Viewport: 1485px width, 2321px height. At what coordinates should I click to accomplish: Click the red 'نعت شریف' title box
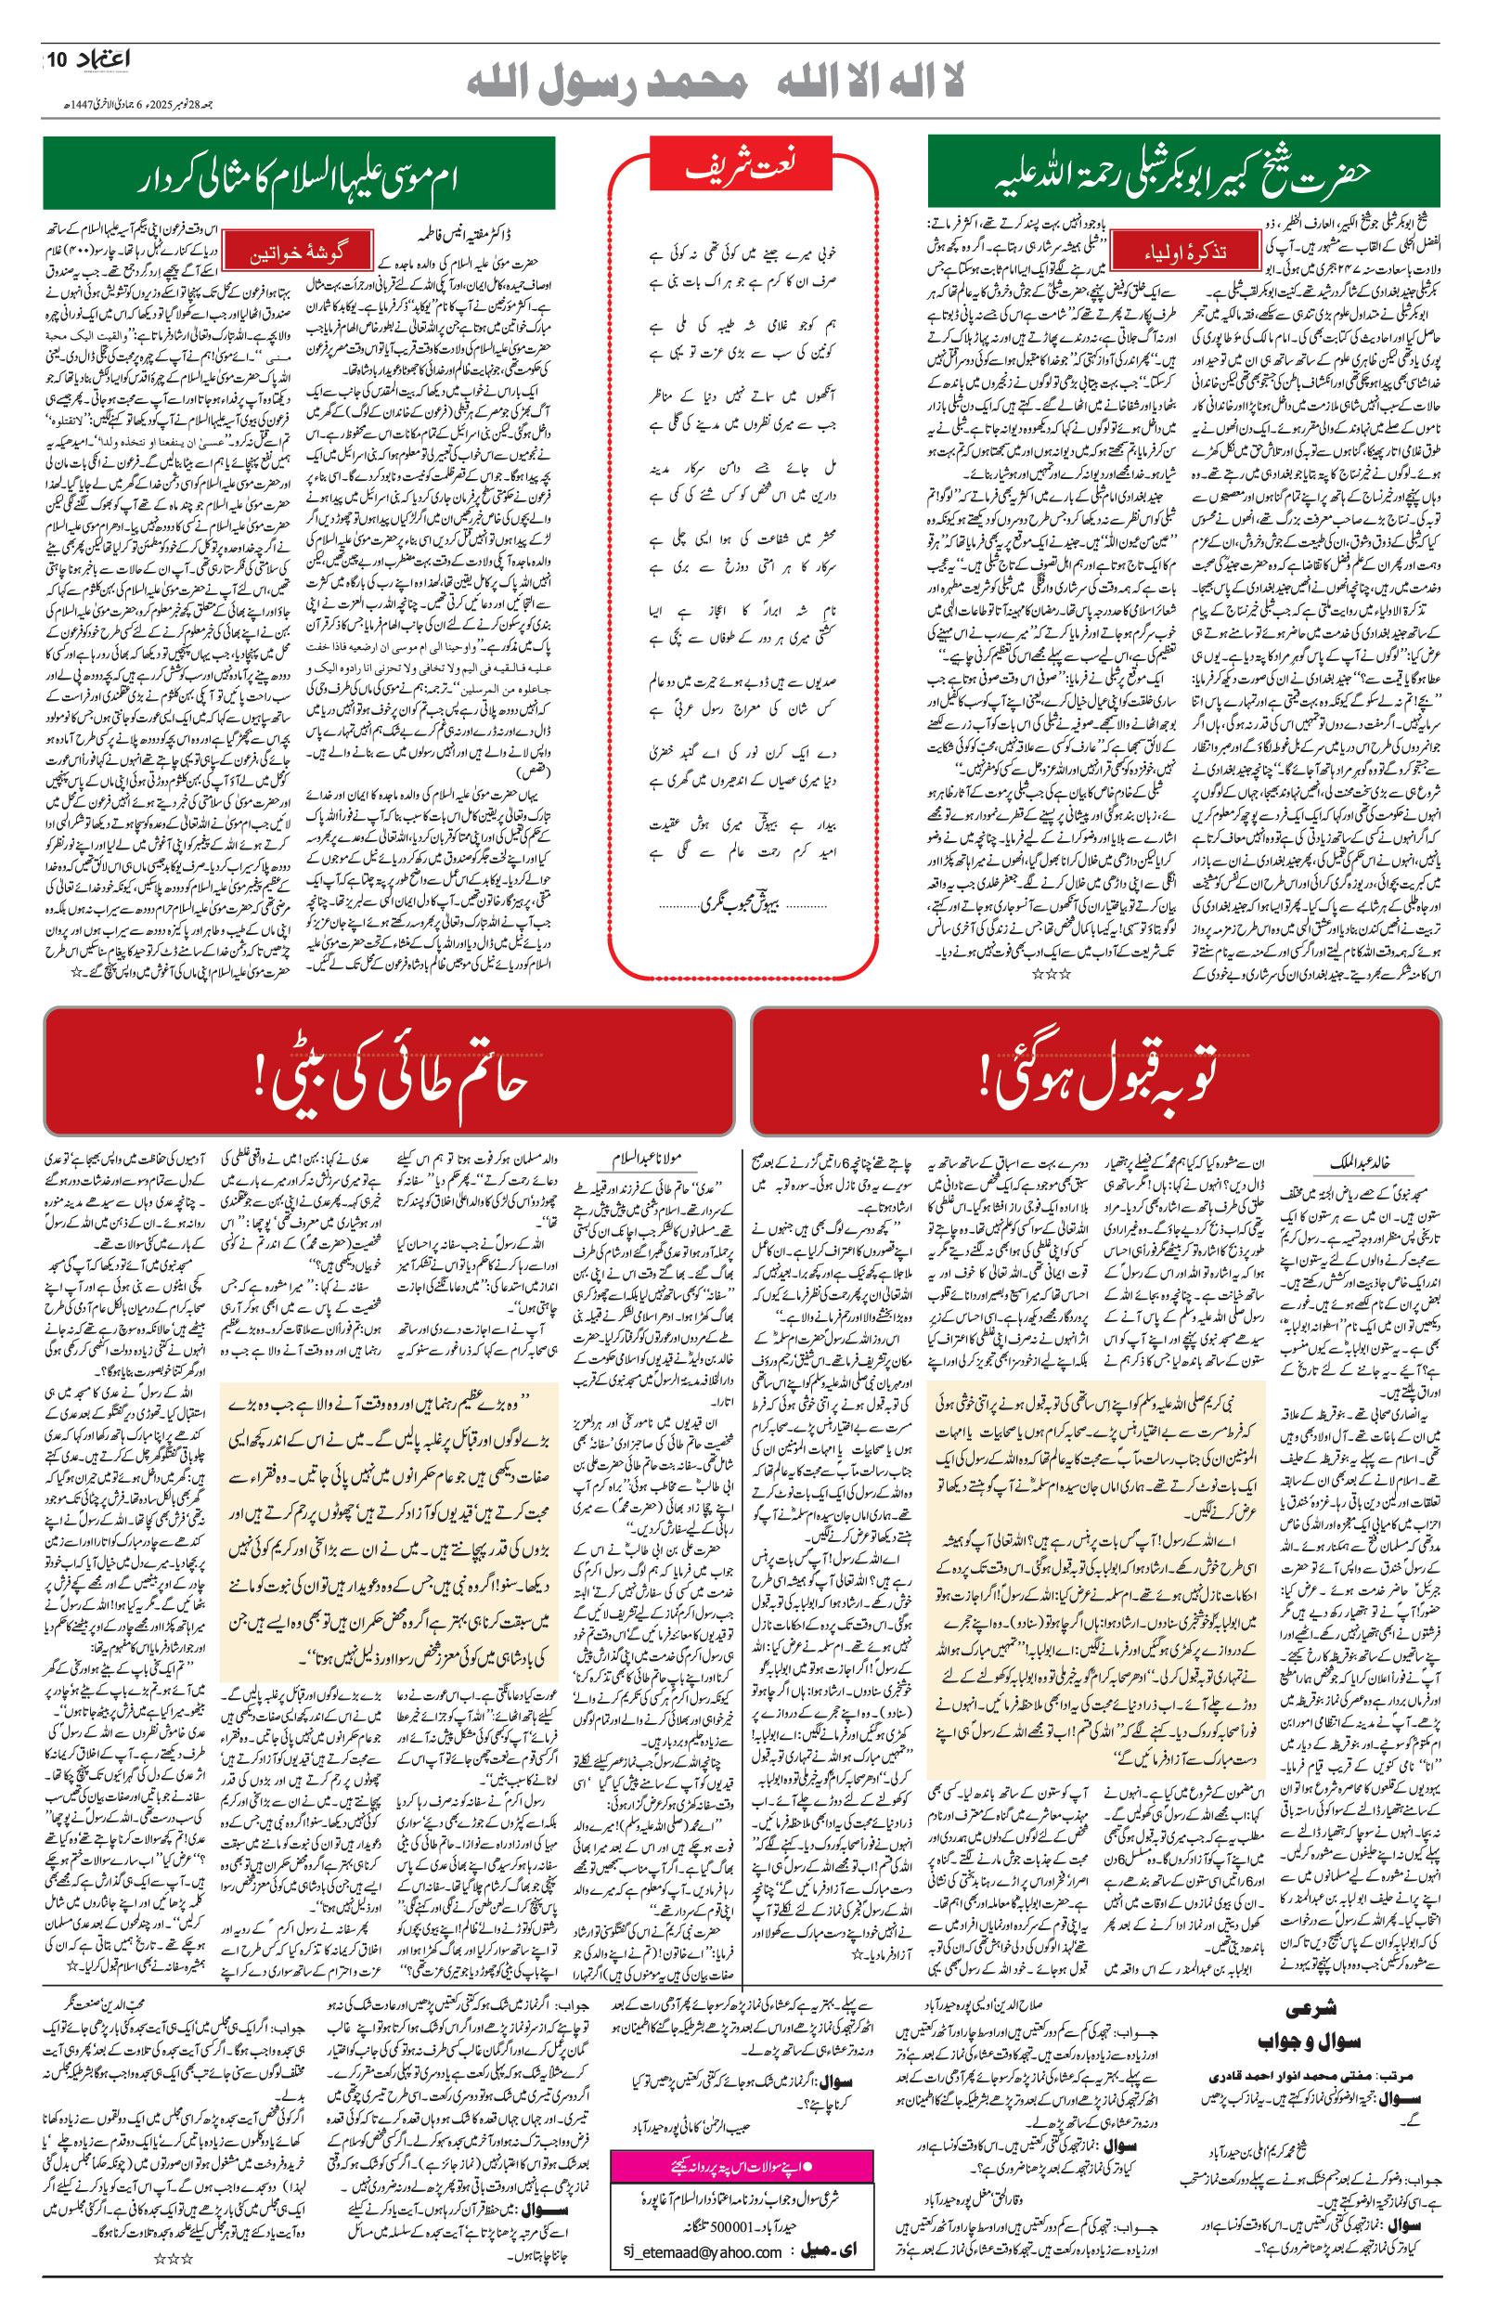(741, 165)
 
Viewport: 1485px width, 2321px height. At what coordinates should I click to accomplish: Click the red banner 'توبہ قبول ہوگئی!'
(1096, 1072)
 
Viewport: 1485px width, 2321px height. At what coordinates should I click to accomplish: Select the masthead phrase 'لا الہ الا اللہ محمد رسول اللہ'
(714, 82)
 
